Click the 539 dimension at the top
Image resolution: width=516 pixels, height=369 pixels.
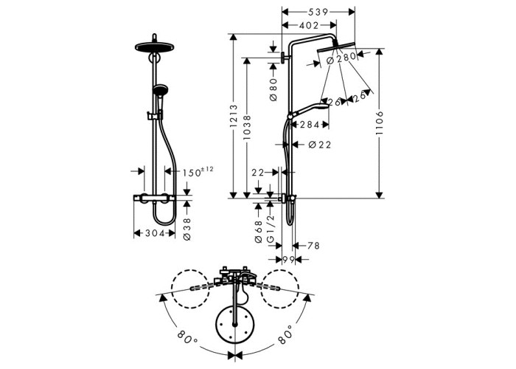pos(318,13)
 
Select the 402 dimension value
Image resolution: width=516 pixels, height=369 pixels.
pos(309,25)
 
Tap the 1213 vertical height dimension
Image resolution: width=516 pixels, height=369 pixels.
pos(234,117)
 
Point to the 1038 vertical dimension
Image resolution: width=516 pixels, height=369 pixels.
pos(247,127)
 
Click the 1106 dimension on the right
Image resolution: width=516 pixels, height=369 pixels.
pos(380,123)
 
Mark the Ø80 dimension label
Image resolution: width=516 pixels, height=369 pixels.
pos(273,89)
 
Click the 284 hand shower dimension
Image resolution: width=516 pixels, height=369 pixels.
pos(310,125)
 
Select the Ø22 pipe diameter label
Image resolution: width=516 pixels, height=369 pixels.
pos(320,145)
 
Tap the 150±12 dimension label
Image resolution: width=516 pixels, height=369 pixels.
pos(198,172)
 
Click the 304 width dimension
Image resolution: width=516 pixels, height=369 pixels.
pos(155,233)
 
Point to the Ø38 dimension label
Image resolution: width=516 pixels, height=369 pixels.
pos(187,229)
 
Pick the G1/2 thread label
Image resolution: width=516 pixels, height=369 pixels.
pos(271,227)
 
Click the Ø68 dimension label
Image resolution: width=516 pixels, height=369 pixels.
pos(259,232)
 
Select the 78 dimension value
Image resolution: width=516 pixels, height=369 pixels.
pos(313,246)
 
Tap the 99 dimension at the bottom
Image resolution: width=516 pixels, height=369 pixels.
pos(288,260)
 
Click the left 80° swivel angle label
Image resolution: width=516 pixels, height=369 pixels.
pos(186,337)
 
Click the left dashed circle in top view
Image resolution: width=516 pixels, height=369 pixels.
pos(190,289)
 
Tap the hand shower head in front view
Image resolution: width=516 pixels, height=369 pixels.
pos(160,89)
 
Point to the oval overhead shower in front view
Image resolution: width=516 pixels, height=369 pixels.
pos(154,47)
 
